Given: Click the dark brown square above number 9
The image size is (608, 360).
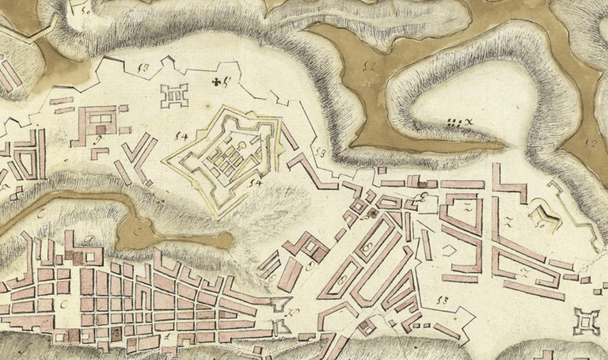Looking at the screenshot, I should click(101, 127).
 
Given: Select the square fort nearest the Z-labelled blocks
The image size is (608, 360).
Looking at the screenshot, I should click(587, 321).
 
